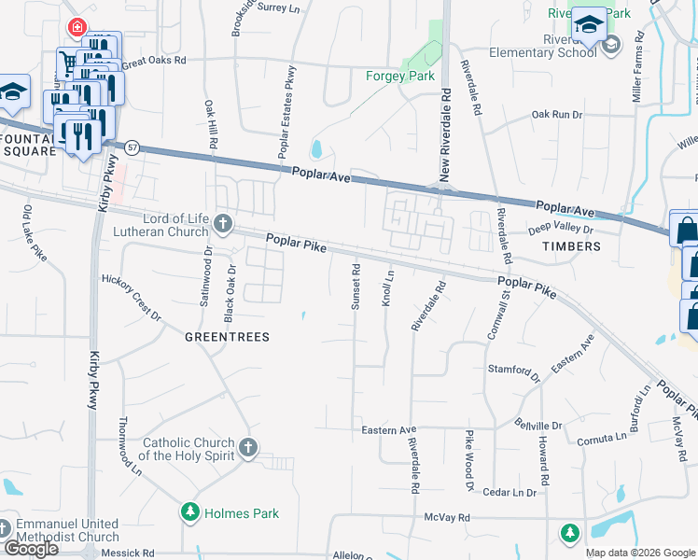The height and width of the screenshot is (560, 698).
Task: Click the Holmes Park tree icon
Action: [x=190, y=511]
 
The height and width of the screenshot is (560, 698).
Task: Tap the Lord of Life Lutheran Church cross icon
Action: [x=222, y=223]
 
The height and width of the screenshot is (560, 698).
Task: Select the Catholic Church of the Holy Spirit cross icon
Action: [x=248, y=448]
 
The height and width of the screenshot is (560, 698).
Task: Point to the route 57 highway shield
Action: [x=133, y=147]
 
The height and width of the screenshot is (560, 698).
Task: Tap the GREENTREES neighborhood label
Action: [x=227, y=337]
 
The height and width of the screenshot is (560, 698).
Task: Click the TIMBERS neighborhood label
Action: [x=571, y=246]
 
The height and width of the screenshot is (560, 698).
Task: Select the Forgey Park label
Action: [x=400, y=76]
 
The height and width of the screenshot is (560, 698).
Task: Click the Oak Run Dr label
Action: [x=556, y=115]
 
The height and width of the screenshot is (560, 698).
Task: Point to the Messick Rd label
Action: [x=128, y=553]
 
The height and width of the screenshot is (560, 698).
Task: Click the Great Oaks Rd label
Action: [x=154, y=61]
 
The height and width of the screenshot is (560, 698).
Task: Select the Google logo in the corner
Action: [x=30, y=549]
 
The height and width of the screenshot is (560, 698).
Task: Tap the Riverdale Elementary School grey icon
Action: [x=611, y=45]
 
